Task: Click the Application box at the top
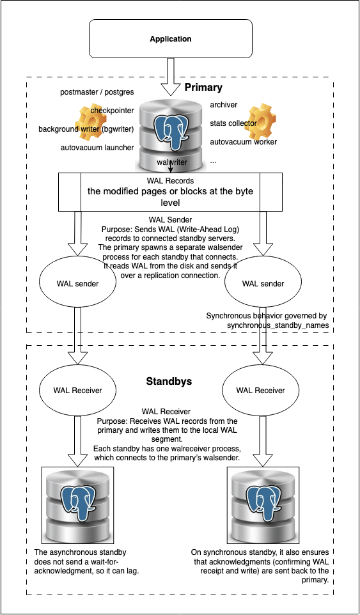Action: [170, 39]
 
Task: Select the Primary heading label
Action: [203, 87]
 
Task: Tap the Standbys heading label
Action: [169, 382]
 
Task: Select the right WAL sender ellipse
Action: [263, 283]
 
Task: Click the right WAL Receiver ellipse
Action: [260, 389]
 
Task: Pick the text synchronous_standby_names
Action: [277, 325]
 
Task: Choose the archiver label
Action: [224, 104]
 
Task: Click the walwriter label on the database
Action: [172, 162]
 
